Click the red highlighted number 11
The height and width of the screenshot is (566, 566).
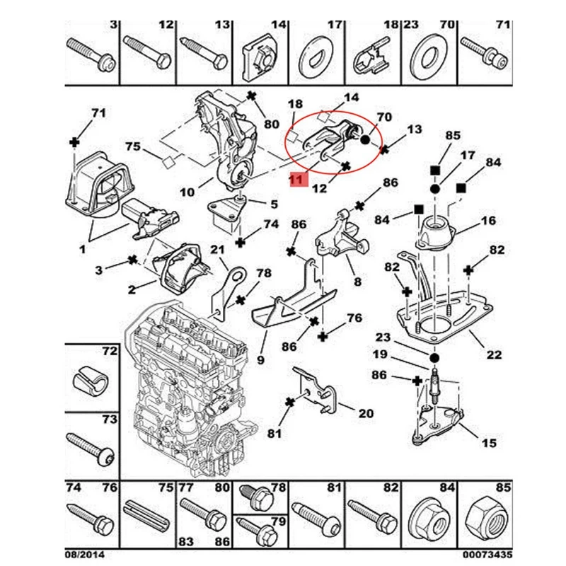296,180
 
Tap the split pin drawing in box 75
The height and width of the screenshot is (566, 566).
147,513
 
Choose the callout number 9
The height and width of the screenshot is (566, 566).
260,360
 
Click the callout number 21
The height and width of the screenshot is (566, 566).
216,249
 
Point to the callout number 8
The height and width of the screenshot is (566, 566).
357,282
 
